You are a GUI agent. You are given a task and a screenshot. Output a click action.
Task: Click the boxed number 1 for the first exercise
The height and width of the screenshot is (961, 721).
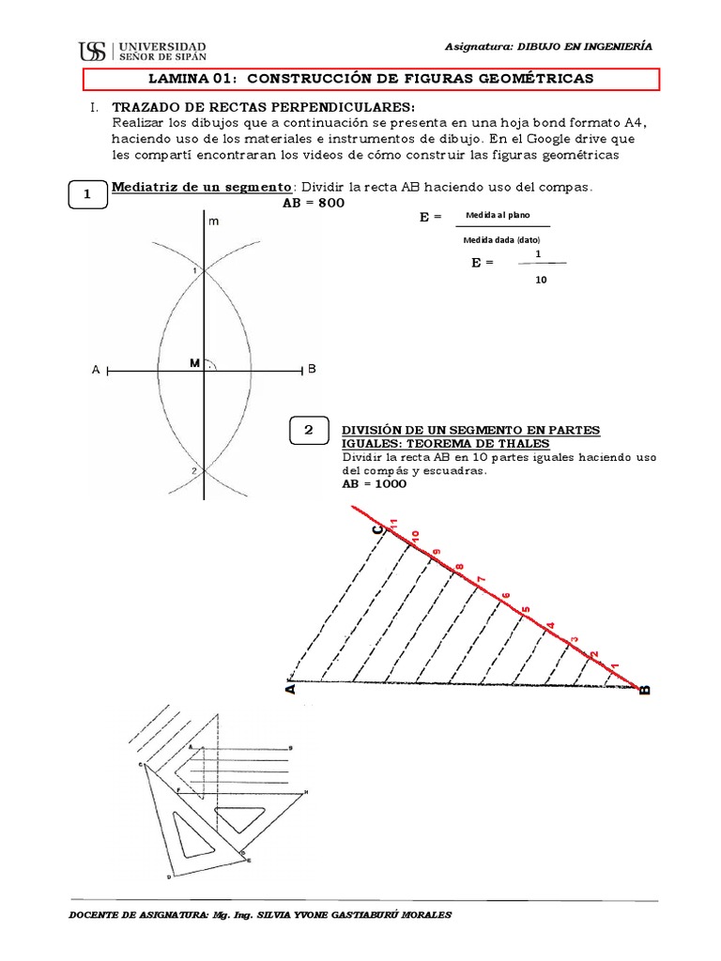(87, 194)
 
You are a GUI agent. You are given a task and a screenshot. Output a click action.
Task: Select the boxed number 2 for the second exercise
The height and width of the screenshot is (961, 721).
(309, 431)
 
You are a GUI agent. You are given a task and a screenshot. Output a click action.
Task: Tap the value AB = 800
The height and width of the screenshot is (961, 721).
(307, 203)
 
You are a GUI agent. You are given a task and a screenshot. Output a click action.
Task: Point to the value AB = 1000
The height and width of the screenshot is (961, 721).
(375, 484)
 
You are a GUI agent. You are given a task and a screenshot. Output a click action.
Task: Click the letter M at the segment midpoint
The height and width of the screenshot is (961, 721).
(194, 362)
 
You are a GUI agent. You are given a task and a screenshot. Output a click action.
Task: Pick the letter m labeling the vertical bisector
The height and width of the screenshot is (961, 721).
(213, 221)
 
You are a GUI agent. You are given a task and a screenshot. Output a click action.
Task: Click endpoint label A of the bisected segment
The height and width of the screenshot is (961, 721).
(95, 371)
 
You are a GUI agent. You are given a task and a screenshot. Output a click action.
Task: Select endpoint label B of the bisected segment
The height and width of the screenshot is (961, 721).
(312, 371)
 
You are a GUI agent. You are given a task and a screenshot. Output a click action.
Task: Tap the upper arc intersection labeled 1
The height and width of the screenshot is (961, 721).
(193, 271)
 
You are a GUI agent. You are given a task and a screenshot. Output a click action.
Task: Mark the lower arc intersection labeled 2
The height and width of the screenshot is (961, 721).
(193, 470)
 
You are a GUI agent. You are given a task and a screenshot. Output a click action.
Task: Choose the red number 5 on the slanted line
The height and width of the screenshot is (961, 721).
(526, 608)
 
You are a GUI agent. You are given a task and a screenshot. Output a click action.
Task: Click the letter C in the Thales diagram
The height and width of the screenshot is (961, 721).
(377, 531)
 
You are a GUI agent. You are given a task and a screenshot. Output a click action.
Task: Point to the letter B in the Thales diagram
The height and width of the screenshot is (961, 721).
(644, 691)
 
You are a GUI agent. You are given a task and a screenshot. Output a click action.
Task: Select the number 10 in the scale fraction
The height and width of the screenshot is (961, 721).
(538, 280)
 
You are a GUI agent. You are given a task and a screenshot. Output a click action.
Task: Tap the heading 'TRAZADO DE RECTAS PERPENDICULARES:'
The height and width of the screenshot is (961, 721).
(262, 107)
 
